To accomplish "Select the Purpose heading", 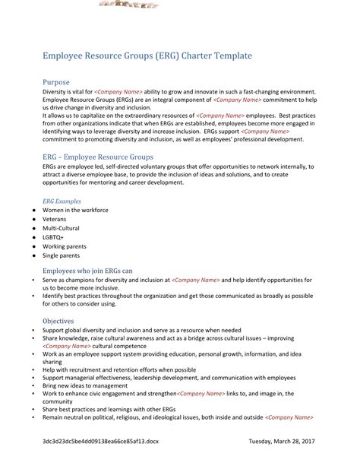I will [56, 81].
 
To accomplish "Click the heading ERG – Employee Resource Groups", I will [97, 157].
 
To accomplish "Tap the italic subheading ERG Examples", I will [62, 201].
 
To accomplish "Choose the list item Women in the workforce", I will [75, 210].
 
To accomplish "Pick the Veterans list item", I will [55, 219].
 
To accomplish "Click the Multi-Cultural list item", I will [61, 228].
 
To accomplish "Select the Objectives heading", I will [58, 321].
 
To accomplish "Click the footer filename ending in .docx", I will [101, 441].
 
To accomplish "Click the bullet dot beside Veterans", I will [33, 219].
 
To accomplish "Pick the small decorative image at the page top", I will [126, 5].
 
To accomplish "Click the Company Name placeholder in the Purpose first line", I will [120, 90].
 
